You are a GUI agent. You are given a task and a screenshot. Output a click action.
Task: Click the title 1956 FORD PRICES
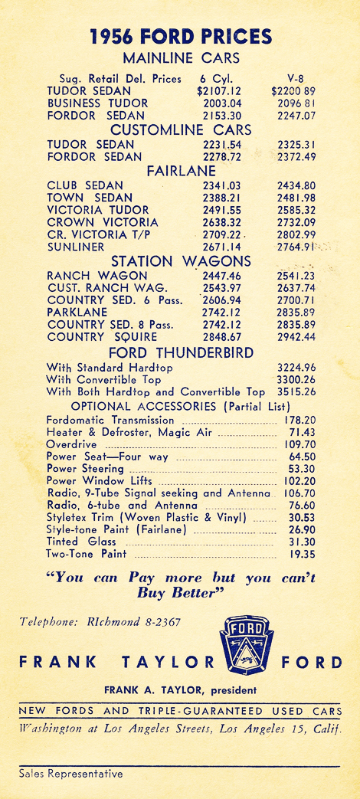pyautogui.click(x=181, y=36)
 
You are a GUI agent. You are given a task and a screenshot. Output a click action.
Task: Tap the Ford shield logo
pyautogui.click(x=247, y=644)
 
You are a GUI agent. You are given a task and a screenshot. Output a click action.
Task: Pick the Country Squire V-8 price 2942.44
pyautogui.click(x=296, y=337)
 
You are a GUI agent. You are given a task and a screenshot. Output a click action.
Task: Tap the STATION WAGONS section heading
pyautogui.click(x=181, y=262)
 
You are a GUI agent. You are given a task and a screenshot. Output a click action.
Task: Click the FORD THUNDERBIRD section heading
pyautogui.click(x=181, y=352)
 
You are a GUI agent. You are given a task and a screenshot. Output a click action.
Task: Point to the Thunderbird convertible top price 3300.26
pyautogui.click(x=296, y=379)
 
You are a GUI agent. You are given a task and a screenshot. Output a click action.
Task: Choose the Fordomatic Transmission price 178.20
pyautogui.click(x=300, y=421)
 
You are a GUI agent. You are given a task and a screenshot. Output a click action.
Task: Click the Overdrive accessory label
pyautogui.click(x=71, y=444)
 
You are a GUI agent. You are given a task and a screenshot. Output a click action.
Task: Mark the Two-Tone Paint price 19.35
pyautogui.click(x=301, y=554)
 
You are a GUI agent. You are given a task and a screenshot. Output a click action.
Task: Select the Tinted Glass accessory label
pyautogui.click(x=73, y=542)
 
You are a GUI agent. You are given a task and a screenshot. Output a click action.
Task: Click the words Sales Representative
pyautogui.click(x=70, y=774)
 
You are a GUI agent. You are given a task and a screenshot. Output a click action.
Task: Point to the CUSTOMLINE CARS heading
pyautogui.click(x=181, y=129)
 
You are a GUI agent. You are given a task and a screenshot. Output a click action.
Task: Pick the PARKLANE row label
pyautogui.click(x=78, y=313)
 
